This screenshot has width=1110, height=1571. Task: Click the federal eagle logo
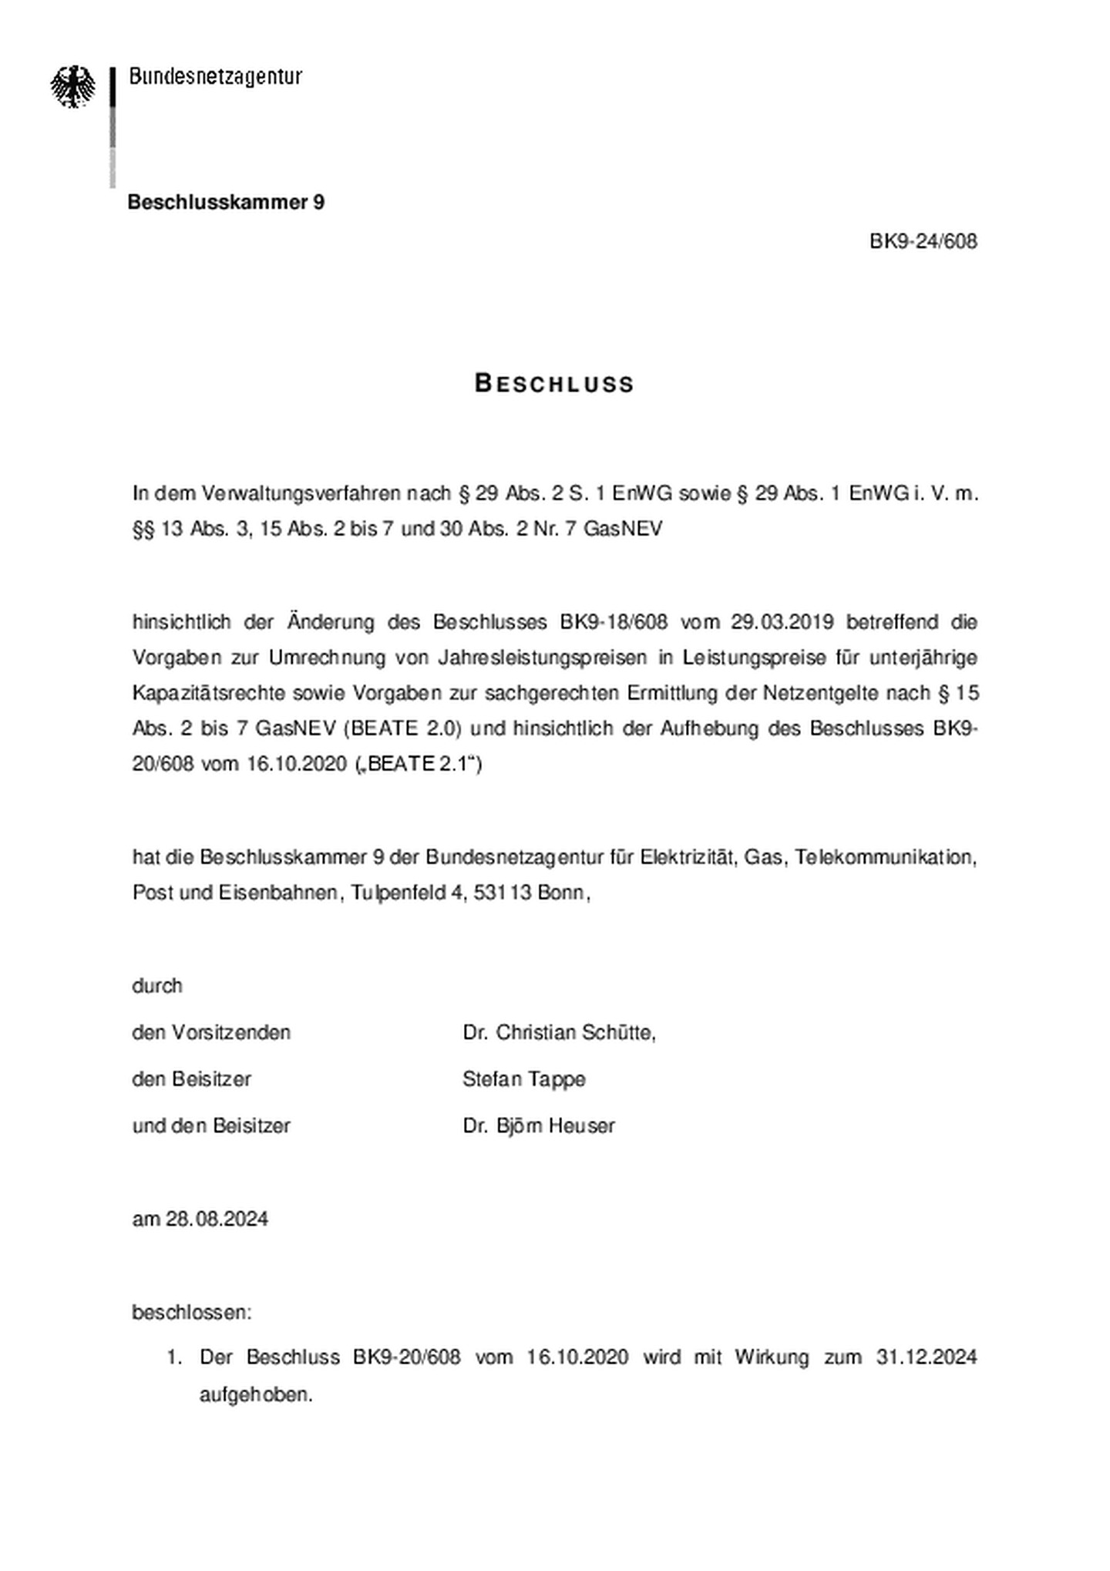73,86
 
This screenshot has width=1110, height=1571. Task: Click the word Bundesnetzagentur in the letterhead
215,76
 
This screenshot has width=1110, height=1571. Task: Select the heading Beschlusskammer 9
226,202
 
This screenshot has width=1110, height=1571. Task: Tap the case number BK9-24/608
923,241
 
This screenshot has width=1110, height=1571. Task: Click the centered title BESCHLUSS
554,384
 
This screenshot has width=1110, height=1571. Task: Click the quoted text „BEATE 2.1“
419,764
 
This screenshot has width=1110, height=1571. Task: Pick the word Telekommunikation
886,857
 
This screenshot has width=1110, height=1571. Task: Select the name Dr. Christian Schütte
559,1032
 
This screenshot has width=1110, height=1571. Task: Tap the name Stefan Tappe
523,1079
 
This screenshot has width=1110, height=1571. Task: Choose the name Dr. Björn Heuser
539,1125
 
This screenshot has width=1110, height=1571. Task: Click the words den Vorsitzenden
211,1032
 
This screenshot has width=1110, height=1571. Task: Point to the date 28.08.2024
217,1219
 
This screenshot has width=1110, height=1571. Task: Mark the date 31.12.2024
926,1357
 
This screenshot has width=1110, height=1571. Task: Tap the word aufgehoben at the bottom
255,1394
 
